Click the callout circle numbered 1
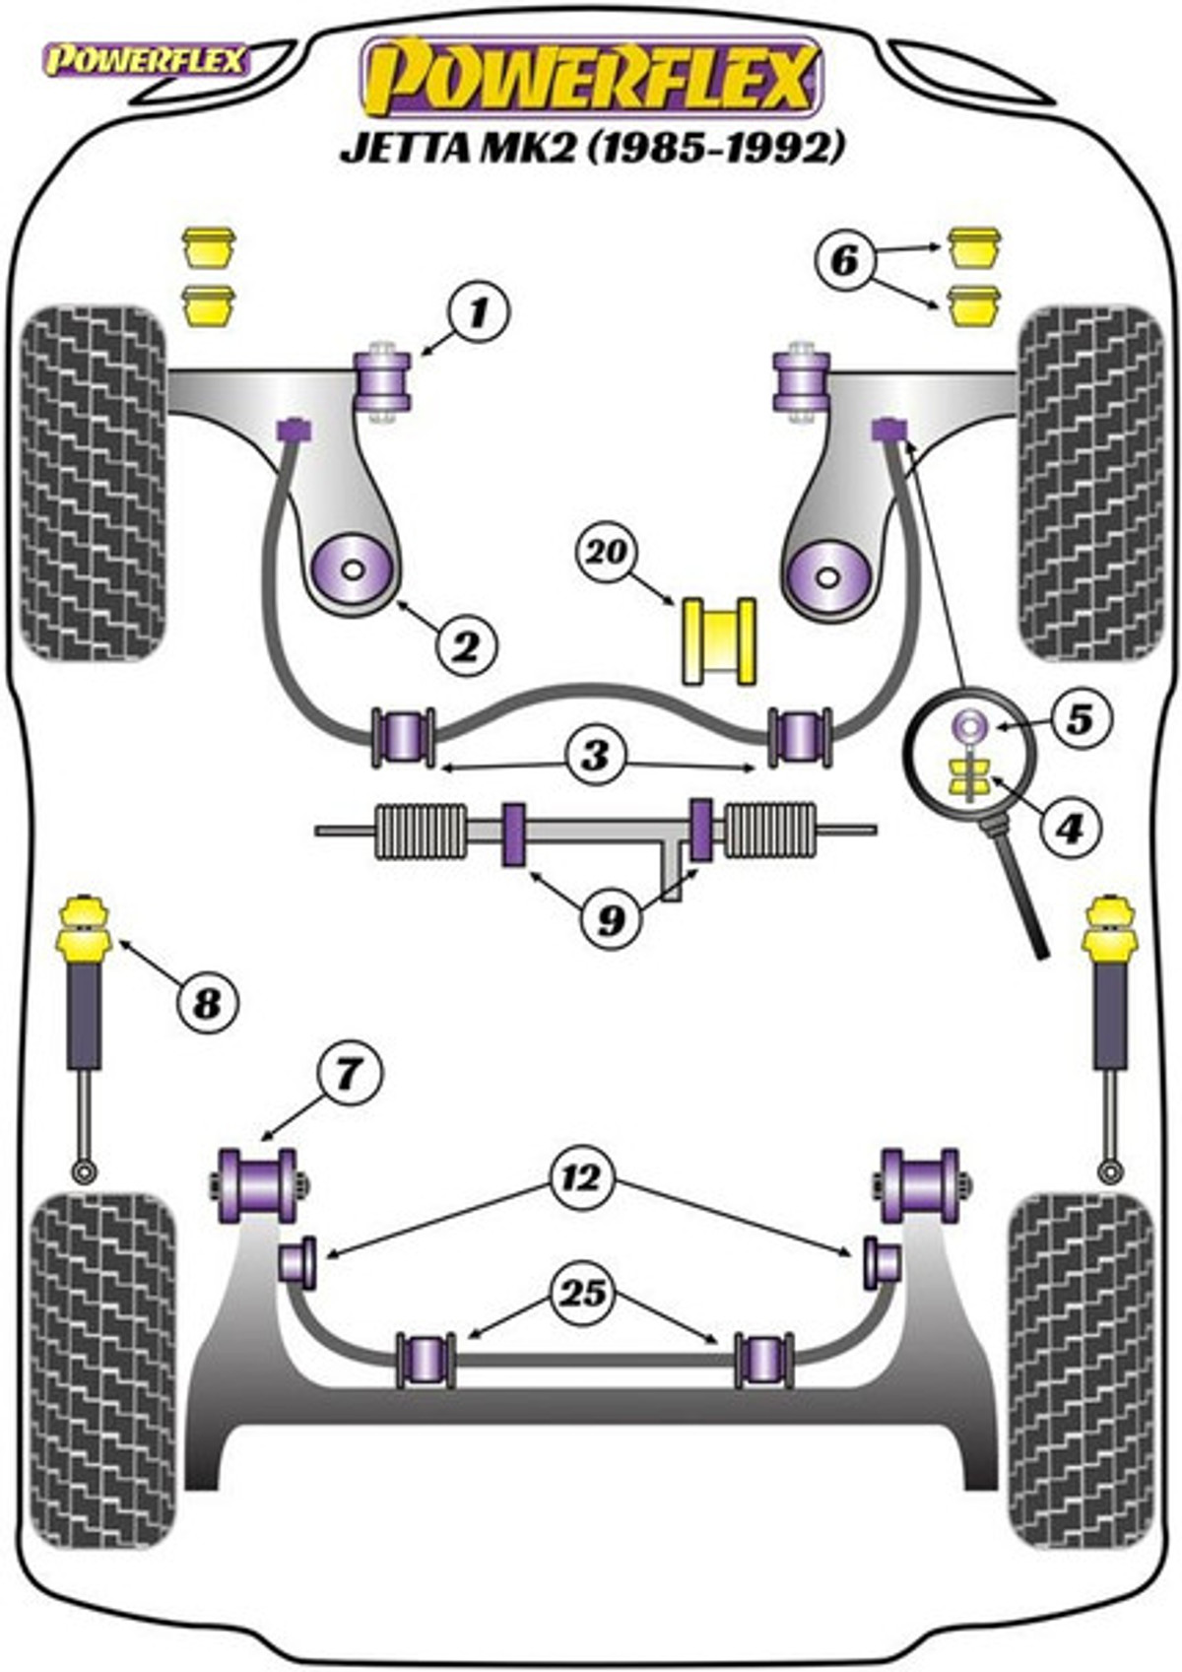click(x=480, y=313)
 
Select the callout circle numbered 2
click(x=465, y=646)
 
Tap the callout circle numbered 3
click(x=595, y=756)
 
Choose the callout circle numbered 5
click(x=1081, y=718)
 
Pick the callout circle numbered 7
click(x=348, y=1073)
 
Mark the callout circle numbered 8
click(x=207, y=1004)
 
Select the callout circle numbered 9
click(x=611, y=918)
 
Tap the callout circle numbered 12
click(x=582, y=1177)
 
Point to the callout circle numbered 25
click(x=582, y=1292)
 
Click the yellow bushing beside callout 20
click(x=719, y=640)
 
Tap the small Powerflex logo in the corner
click(x=145, y=61)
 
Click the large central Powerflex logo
click(x=592, y=77)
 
